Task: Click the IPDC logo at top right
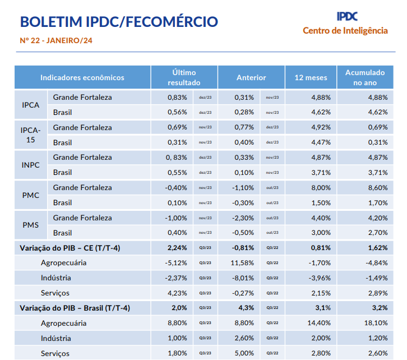point(347,16)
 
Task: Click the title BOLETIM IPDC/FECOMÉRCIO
point(119,22)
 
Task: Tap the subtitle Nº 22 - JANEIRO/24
point(55,40)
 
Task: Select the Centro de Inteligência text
point(345,30)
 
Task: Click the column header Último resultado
point(184,77)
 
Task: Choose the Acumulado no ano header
point(365,77)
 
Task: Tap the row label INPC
point(30,165)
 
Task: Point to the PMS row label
point(30,225)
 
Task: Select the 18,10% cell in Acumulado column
point(376,323)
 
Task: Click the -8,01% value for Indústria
point(243,278)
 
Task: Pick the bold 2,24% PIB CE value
point(177,247)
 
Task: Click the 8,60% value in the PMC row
point(377,187)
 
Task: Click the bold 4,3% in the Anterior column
point(246,308)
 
